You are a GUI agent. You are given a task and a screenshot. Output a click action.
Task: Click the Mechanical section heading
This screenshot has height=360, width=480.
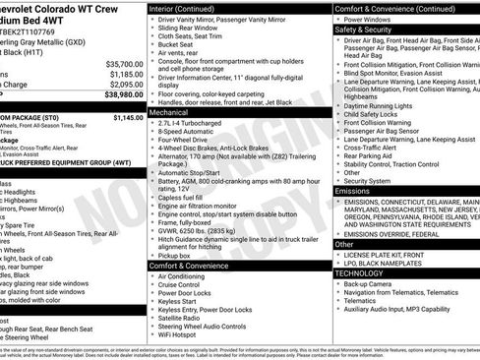[x=171, y=113]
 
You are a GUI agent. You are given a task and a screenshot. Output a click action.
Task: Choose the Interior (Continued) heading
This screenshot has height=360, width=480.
[x=188, y=8]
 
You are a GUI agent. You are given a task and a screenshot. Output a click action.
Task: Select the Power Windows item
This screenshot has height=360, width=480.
[x=367, y=19]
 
